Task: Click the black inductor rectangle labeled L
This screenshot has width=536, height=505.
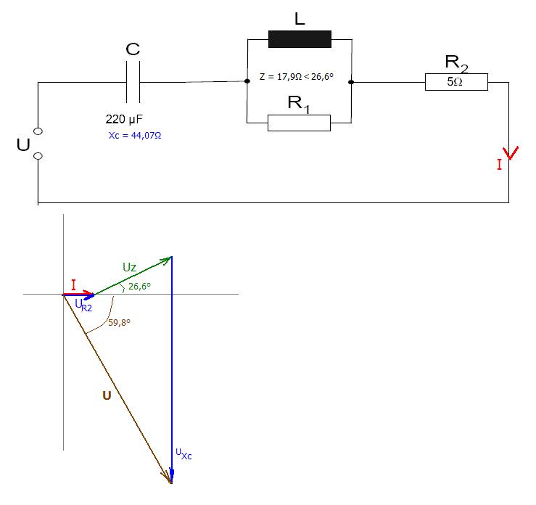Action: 300,39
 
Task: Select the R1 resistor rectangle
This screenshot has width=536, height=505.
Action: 299,123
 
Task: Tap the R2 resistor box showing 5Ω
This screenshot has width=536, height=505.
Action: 456,82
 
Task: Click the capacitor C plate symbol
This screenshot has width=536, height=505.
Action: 133,82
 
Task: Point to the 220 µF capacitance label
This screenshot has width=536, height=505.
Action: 124,119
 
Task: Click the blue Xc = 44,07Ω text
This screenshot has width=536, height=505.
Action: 135,136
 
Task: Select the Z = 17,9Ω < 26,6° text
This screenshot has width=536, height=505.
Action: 297,77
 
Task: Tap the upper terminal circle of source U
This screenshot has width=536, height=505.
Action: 38,131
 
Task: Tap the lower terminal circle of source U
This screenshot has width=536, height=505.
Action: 38,156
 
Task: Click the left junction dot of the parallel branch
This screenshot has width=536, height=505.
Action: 247,81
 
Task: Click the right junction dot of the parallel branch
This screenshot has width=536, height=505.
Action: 351,82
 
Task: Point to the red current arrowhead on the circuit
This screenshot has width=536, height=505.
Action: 511,153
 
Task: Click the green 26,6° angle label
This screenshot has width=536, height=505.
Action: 139,286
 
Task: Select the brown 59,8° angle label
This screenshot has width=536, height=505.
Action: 119,322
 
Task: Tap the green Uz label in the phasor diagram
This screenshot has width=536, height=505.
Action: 130,267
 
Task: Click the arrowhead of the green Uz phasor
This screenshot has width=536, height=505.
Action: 168,260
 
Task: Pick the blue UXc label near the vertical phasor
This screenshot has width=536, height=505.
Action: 184,454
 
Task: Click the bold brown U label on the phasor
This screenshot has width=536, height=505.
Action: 107,395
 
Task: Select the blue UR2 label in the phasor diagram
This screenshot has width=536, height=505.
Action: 83,305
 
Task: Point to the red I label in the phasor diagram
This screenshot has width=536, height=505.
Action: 73,285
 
